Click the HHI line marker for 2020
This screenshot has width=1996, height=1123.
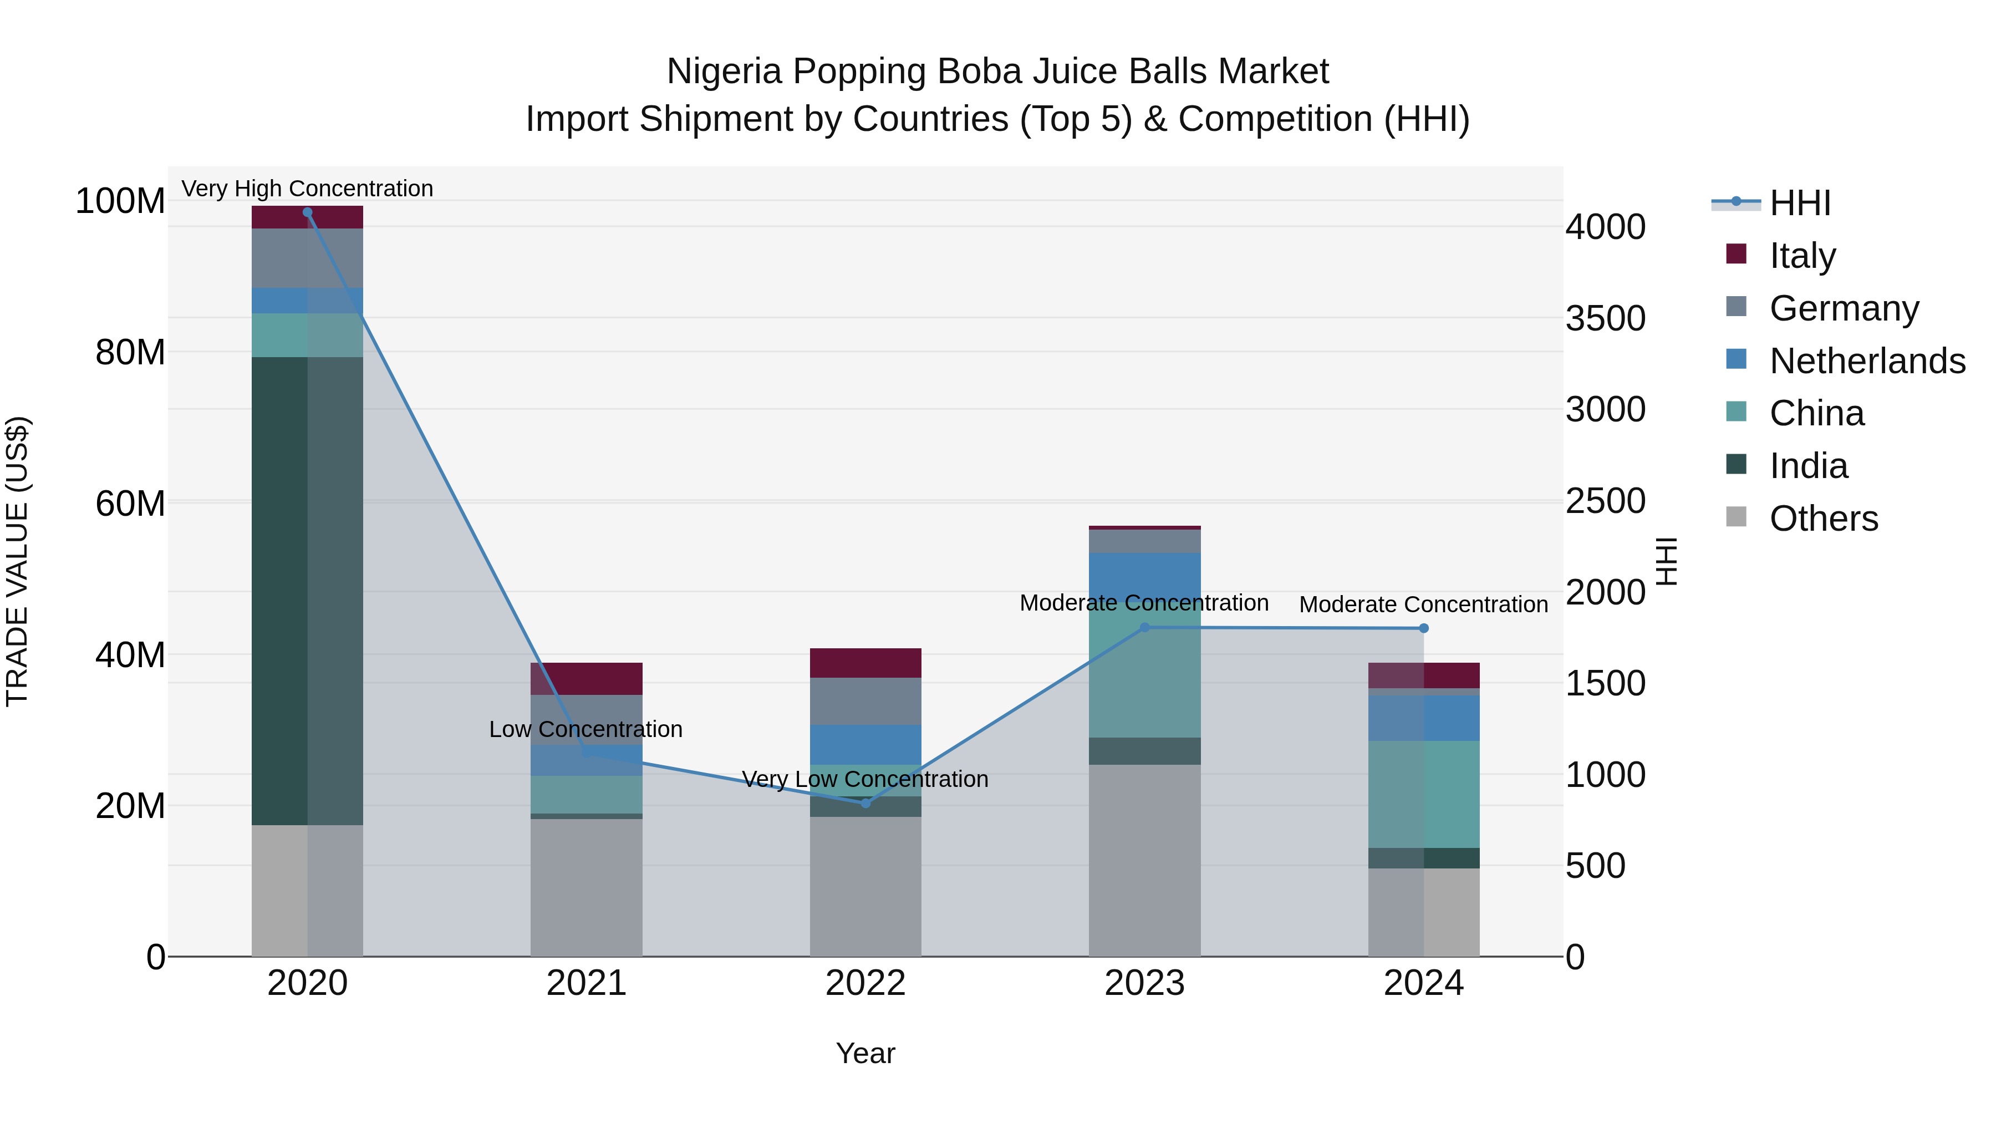click(x=308, y=212)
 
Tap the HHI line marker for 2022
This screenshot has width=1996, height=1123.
click(x=865, y=803)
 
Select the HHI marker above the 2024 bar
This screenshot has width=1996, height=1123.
click(x=1423, y=628)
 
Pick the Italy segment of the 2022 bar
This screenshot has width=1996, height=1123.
click(x=865, y=663)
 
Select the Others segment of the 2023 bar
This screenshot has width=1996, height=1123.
click(x=1144, y=860)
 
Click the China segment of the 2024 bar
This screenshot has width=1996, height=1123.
click(x=1423, y=794)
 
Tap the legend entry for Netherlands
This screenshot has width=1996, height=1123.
click(x=1867, y=361)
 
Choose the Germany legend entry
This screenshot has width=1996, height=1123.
click(x=1844, y=308)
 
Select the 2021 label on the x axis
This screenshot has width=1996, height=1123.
click(x=587, y=983)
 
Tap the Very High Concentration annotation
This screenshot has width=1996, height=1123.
click(x=308, y=189)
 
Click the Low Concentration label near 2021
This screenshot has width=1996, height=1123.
click(x=586, y=729)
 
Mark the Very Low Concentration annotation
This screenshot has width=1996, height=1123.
click(x=865, y=779)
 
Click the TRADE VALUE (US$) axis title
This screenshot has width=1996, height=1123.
click(x=17, y=561)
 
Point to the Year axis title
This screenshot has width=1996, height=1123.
click(x=865, y=1053)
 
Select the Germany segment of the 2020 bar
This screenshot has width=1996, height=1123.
click(x=308, y=258)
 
